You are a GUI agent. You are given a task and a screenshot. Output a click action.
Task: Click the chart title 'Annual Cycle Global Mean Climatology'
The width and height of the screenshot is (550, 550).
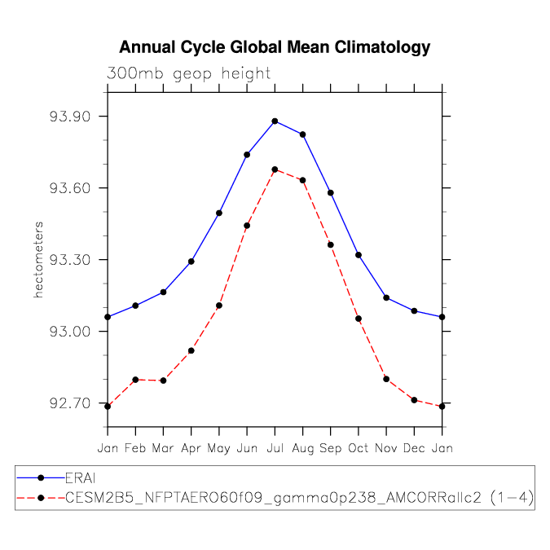point(275,47)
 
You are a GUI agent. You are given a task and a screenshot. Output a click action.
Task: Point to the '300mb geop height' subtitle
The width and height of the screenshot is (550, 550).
point(188,73)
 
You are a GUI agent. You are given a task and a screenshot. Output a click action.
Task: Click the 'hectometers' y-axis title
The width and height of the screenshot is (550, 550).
point(38,260)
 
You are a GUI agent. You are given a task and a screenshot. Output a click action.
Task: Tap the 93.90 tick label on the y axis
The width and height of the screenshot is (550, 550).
point(70,116)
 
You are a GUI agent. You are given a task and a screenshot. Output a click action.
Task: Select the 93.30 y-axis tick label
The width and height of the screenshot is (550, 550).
point(70,260)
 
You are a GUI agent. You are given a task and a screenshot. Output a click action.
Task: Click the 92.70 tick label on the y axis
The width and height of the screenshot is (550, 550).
point(70,403)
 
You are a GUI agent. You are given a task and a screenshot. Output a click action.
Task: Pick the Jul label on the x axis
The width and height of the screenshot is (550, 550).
point(275,448)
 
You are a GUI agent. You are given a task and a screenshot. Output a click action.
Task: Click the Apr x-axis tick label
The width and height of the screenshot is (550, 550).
point(191,449)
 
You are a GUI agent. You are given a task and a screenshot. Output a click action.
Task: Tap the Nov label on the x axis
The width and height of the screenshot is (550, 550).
point(386,448)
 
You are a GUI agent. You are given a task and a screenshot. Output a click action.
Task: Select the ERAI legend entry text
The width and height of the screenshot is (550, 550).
point(81,478)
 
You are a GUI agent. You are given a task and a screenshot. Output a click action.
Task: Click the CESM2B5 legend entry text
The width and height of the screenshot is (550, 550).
point(300,497)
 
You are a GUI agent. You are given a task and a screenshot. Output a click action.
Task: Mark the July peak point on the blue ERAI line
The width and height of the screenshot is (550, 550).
point(275,121)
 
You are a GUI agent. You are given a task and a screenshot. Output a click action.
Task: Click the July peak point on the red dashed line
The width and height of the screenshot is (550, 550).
point(275,169)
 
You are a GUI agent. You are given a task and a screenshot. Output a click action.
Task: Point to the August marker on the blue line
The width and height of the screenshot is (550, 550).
point(303,134)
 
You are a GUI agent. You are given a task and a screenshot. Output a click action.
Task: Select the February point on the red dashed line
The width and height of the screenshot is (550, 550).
point(135,380)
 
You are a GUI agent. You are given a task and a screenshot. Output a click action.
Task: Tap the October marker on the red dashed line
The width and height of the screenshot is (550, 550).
point(359,319)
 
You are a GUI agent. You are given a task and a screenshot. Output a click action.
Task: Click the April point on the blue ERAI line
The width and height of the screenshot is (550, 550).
point(191,262)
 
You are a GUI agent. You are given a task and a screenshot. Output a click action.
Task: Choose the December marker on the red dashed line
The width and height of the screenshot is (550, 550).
point(414,400)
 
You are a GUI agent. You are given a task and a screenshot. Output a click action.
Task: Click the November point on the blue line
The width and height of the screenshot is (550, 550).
point(386,297)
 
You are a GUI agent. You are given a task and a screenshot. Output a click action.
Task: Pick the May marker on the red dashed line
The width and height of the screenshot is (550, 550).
point(219,306)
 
